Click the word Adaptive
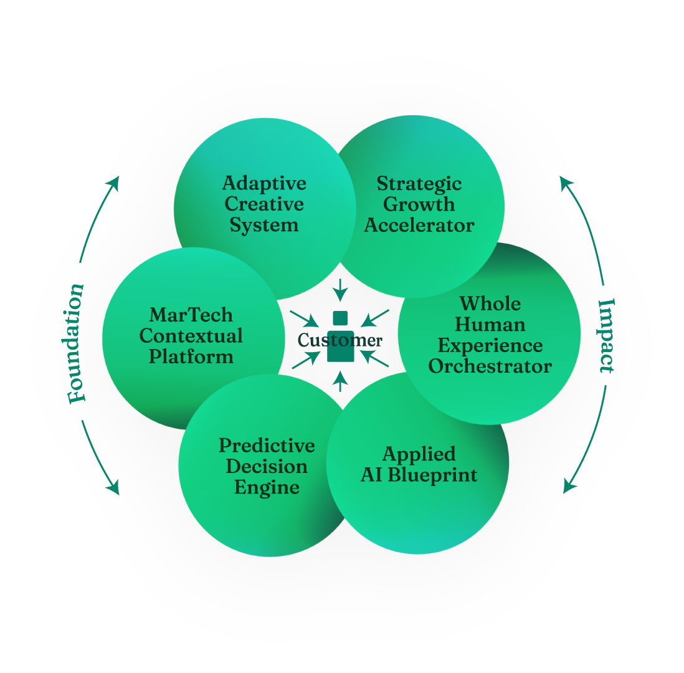pos(264,183)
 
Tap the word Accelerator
pos(419,226)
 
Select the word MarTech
pos(191,315)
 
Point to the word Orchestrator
pos(490,366)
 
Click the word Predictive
pos(267,446)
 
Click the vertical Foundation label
pos(75,343)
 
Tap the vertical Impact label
pos(606,336)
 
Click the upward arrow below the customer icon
pos(340,380)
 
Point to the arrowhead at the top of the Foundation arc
pos(114,181)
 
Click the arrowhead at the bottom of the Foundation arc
pos(113,489)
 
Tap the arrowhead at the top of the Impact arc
pos(565,181)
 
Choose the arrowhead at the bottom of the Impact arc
pos(568,487)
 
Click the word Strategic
pos(419,184)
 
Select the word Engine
pos(267,487)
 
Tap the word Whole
pos(490,303)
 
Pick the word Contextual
pos(191,336)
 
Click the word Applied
pos(419,454)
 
